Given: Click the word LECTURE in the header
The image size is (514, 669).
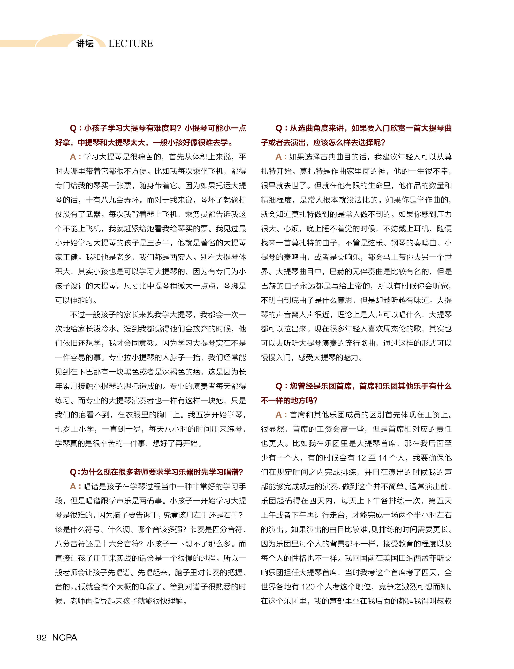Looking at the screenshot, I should (131, 44).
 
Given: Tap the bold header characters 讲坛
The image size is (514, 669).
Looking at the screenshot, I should (85, 44).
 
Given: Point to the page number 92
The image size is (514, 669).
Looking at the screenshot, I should (42, 637).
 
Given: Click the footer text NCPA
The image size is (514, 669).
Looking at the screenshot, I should (65, 637).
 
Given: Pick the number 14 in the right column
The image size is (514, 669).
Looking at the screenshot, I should (383, 458).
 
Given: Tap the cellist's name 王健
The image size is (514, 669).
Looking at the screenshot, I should (70, 257).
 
